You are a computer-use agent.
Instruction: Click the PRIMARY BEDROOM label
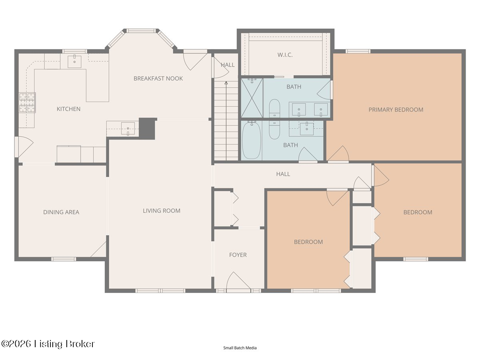(396, 110)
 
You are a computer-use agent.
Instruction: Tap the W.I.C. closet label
(285, 55)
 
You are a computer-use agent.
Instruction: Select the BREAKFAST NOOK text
(158, 78)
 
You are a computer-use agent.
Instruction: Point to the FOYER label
(238, 255)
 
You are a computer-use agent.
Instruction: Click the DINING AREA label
(61, 212)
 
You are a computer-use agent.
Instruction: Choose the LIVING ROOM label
(162, 211)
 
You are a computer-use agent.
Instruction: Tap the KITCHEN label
(68, 109)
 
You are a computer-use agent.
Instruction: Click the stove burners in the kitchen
(27, 102)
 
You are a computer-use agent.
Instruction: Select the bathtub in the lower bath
(252, 140)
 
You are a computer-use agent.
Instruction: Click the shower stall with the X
(252, 98)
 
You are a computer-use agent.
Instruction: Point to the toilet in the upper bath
(274, 109)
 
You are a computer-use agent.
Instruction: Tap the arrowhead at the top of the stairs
(226, 83)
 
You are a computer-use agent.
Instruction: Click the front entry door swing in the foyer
(238, 281)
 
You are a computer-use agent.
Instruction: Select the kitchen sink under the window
(74, 62)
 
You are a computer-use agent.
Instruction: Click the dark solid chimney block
(147, 128)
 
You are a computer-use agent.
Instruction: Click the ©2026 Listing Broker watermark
(48, 344)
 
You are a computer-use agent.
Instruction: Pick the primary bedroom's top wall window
(358, 51)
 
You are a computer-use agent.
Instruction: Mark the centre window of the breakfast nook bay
(142, 31)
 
